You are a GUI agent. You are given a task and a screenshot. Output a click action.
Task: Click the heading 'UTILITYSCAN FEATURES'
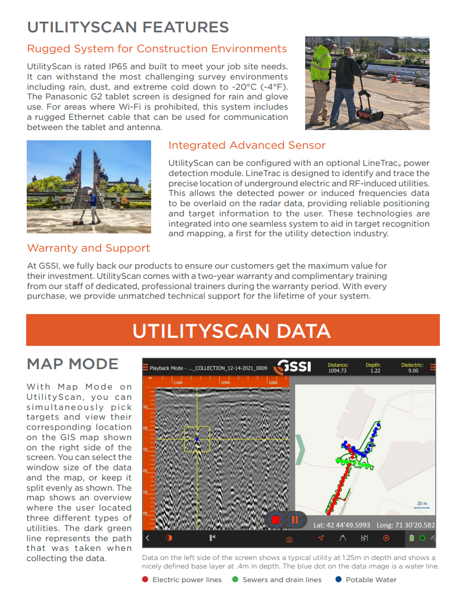pyautogui.click(x=128, y=27)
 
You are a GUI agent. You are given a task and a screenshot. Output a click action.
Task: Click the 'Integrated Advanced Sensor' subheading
pyautogui.click(x=247, y=145)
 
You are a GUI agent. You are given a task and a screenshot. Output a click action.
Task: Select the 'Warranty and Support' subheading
pyautogui.click(x=89, y=248)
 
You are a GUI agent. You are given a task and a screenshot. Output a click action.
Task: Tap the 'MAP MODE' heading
pyautogui.click(x=72, y=364)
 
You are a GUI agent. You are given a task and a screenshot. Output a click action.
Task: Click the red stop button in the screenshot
pyautogui.click(x=276, y=519)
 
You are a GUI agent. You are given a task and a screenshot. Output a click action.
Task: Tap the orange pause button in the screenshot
pyautogui.click(x=295, y=519)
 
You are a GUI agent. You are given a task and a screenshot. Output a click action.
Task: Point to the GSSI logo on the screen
pyautogui.click(x=293, y=367)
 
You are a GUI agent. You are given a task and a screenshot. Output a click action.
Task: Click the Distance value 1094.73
pyautogui.click(x=337, y=371)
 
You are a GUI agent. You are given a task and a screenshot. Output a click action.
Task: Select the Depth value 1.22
pyautogui.click(x=375, y=371)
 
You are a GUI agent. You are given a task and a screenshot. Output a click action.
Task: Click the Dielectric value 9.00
pyautogui.click(x=413, y=371)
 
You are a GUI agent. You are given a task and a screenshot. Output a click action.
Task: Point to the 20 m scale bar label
pyautogui.click(x=422, y=503)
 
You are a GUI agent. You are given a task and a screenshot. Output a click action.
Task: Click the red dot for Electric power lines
pyautogui.click(x=145, y=580)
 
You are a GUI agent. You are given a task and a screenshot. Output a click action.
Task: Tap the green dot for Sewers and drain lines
pyautogui.click(x=235, y=580)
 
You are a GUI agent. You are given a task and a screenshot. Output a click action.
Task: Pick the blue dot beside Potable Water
pyautogui.click(x=339, y=580)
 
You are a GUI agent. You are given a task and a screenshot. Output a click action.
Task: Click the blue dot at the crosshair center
pyautogui.click(x=197, y=440)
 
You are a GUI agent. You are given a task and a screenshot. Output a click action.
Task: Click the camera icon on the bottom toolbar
pyautogui.click(x=289, y=538)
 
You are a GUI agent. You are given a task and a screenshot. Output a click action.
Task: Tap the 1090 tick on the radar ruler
pyautogui.click(x=226, y=383)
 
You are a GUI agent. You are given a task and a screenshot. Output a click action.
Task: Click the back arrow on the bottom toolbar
pyautogui.click(x=148, y=537)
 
